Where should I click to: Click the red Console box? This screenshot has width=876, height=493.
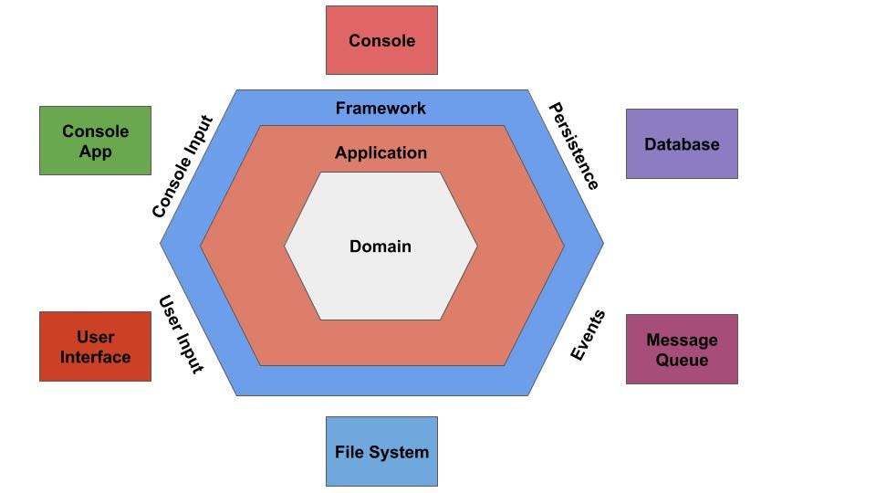click(381, 40)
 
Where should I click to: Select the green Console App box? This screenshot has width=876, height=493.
click(95, 141)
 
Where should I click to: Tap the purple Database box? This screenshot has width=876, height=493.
click(682, 144)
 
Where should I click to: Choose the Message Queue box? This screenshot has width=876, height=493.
click(682, 350)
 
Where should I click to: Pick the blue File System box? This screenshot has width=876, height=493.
click(381, 451)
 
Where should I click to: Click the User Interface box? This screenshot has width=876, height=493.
click(95, 347)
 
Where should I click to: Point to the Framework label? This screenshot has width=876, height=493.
click(381, 108)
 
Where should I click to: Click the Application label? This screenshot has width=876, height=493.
click(381, 152)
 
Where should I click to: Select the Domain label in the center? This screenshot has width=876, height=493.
click(381, 246)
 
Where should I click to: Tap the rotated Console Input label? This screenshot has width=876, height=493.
click(182, 167)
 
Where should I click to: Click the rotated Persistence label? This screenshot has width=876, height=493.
click(573, 146)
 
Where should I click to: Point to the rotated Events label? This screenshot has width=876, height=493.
click(588, 336)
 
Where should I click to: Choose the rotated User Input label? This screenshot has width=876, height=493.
click(181, 334)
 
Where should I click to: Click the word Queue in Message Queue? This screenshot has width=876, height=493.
click(682, 360)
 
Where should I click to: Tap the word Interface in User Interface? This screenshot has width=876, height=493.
click(95, 357)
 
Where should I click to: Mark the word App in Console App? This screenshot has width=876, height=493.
click(95, 151)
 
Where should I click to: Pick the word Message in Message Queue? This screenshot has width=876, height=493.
click(682, 340)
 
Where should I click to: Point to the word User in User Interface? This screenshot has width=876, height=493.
click(95, 337)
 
